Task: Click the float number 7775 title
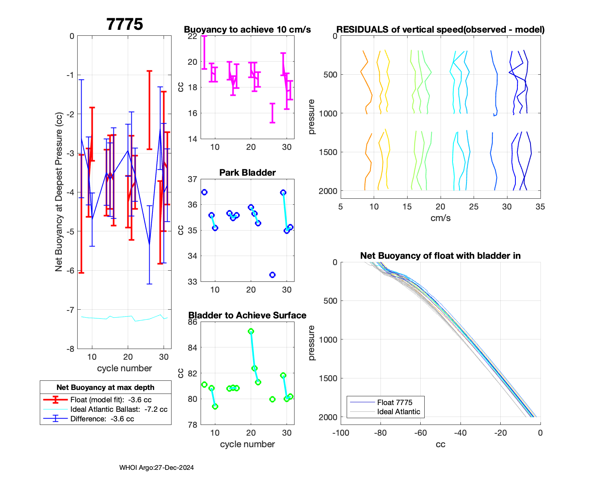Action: [x=125, y=25]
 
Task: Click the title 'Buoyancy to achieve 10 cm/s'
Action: [x=247, y=30]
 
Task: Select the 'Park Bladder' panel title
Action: [x=247, y=173]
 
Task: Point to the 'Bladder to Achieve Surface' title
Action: [x=247, y=316]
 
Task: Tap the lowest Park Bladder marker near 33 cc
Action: [x=272, y=275]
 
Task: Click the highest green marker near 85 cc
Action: [x=251, y=332]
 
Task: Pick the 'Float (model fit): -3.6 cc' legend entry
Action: [x=111, y=400]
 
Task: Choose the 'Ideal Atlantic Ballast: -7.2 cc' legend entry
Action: [x=119, y=409]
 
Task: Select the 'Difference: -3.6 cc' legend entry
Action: [x=102, y=419]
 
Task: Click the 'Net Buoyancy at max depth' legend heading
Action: [x=105, y=388]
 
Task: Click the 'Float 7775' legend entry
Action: [x=394, y=403]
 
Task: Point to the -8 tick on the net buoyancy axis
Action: [x=70, y=349]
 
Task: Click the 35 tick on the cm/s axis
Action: [x=540, y=207]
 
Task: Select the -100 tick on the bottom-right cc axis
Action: [x=340, y=433]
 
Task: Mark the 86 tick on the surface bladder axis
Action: [x=193, y=322]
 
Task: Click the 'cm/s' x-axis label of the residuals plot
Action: [x=441, y=218]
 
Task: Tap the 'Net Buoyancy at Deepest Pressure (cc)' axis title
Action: [x=59, y=192]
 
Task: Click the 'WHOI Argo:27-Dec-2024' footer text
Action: [x=156, y=468]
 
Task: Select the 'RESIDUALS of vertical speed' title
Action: [x=441, y=30]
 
